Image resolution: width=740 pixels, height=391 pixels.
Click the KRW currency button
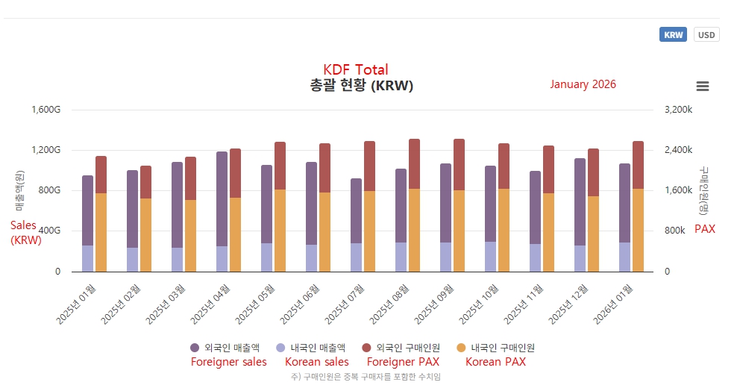[x=673, y=35]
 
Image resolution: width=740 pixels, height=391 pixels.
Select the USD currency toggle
[x=706, y=35]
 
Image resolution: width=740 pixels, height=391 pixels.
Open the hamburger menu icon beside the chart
[x=702, y=87]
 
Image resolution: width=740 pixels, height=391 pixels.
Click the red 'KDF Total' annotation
[x=356, y=70]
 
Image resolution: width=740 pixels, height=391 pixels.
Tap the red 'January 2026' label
[x=583, y=84]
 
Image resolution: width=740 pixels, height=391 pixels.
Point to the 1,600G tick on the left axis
[x=47, y=110]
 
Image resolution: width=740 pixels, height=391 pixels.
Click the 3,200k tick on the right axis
[x=678, y=110]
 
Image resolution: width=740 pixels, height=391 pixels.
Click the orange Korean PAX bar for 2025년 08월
[x=414, y=230]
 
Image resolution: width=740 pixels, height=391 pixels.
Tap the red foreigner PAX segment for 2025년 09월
[x=459, y=165]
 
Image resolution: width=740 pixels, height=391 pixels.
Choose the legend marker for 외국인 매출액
[x=195, y=348]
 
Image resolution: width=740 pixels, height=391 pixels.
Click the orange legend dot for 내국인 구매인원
[x=461, y=348]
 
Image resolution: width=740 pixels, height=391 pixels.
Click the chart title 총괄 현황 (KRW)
[x=361, y=86]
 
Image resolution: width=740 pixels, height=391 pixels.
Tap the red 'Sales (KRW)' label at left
[x=26, y=232]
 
